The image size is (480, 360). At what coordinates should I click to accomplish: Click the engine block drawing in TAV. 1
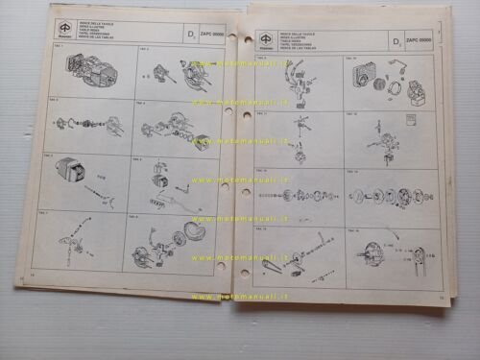click(84, 71)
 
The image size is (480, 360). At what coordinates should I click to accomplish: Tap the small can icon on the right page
click(410, 122)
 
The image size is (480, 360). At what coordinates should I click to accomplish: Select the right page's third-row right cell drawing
click(392, 196)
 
